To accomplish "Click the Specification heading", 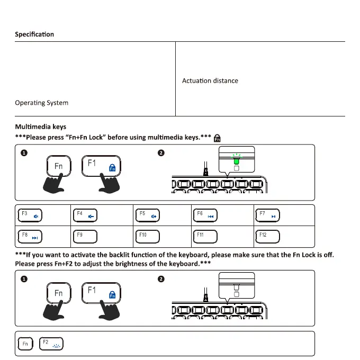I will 34,34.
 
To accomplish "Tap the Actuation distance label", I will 210,80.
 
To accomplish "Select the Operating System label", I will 41,102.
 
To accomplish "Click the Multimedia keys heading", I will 40,127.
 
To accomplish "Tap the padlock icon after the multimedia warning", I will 218,138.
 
